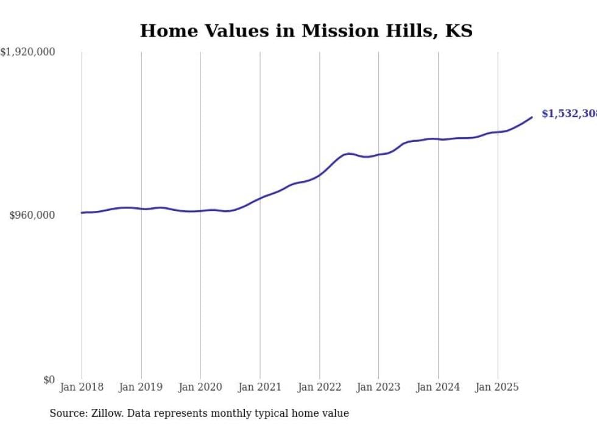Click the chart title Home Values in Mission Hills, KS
click(x=306, y=31)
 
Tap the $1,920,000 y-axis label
click(x=27, y=52)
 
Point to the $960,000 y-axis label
click(x=32, y=215)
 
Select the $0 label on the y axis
click(x=49, y=380)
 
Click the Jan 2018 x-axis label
click(x=82, y=387)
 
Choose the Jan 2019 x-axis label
click(x=141, y=387)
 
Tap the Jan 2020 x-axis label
click(x=200, y=387)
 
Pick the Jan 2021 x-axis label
click(x=260, y=387)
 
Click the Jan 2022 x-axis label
click(x=319, y=387)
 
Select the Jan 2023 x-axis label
click(x=378, y=387)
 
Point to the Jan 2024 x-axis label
click(x=438, y=387)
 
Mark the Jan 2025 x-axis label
click(x=498, y=387)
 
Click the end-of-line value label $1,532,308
click(x=568, y=114)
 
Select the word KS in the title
click(x=459, y=31)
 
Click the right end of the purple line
click(x=532, y=117)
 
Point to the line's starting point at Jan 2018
click(x=82, y=213)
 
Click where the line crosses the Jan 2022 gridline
click(x=319, y=175)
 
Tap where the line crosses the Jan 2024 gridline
click(x=438, y=139)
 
